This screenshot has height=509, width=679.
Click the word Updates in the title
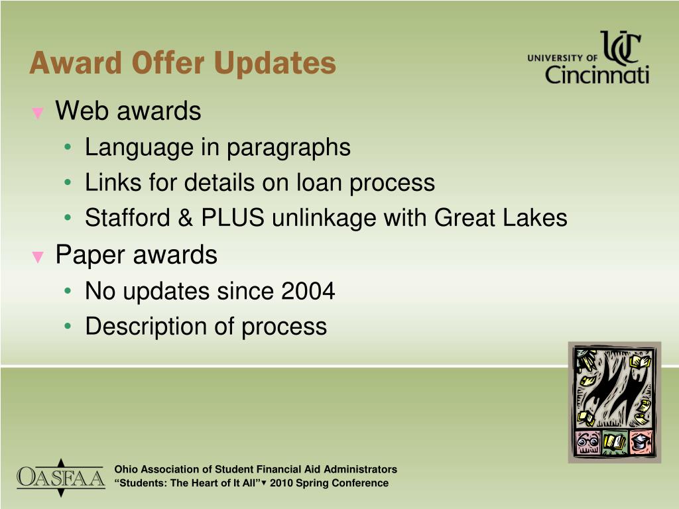click(275, 64)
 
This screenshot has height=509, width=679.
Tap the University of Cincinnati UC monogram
click(621, 48)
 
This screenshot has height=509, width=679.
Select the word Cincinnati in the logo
click(597, 74)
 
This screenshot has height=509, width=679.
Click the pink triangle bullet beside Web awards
click(38, 113)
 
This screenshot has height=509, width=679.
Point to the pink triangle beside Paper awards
click(38, 257)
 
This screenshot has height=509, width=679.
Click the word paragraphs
click(288, 148)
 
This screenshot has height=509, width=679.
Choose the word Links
click(113, 182)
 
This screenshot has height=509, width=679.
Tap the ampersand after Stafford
click(186, 217)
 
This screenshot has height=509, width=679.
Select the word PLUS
click(233, 217)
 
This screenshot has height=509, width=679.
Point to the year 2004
click(308, 291)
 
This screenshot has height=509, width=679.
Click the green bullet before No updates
click(68, 291)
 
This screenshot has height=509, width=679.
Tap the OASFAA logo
click(60, 478)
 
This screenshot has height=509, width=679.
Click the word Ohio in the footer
click(126, 469)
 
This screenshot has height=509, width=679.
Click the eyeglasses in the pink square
click(587, 443)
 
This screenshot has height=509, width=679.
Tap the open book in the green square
click(615, 442)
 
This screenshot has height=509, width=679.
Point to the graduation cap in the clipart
click(641, 442)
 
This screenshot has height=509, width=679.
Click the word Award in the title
click(76, 64)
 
